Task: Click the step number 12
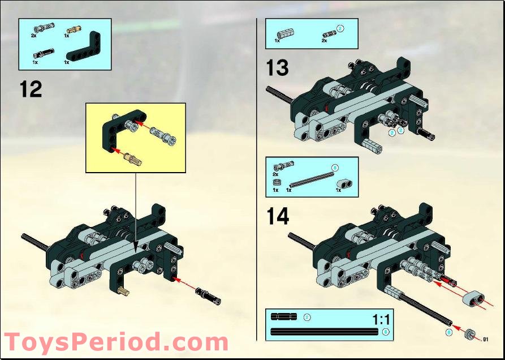[x=31, y=89]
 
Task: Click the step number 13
[x=277, y=68]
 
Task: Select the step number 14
[x=277, y=216]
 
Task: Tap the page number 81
[x=485, y=339]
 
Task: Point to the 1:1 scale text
[x=382, y=319]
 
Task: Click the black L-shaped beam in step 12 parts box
[x=84, y=48]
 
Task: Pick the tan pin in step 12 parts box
[x=74, y=29]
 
